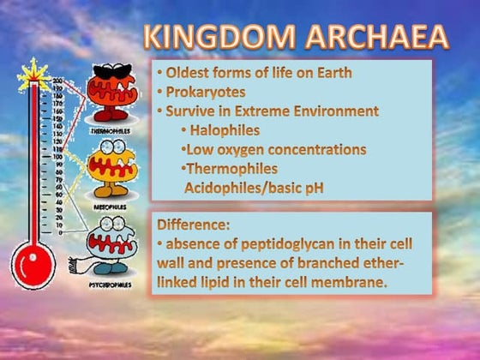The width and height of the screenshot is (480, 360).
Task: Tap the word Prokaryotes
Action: tap(199, 90)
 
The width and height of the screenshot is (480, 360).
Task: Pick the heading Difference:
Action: tap(194, 225)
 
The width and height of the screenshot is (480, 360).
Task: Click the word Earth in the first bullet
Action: tap(329, 71)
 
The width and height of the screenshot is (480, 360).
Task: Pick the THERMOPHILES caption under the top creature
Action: tap(111, 132)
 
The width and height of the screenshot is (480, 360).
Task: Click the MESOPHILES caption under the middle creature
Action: tap(111, 206)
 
